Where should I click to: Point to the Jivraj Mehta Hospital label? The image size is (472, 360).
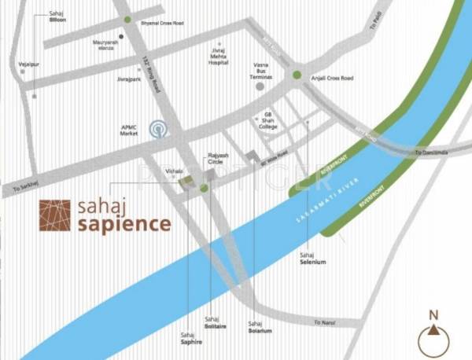(219, 56)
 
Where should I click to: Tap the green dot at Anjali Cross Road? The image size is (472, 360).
(297, 75)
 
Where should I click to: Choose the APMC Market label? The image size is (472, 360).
(128, 131)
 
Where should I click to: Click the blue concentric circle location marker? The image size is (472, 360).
(160, 129)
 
